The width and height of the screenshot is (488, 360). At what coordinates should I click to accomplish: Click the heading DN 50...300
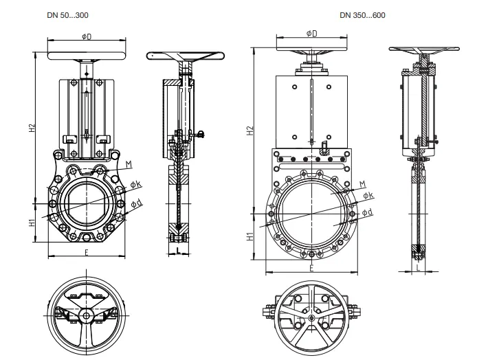69,14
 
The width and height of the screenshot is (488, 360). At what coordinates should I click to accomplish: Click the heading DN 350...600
362,14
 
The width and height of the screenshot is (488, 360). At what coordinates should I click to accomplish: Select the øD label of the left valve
87,36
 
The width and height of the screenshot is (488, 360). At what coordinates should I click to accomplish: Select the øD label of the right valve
311,33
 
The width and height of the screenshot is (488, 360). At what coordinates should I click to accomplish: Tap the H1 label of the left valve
32,223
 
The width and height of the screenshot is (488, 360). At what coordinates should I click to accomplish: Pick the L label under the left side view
178,252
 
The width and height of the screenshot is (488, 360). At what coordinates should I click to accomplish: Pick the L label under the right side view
419,269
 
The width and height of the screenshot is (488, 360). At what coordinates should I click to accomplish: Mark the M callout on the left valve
129,164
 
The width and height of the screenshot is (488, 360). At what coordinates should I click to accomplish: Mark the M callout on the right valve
363,184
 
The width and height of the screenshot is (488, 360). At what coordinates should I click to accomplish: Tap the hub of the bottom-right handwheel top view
311,318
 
